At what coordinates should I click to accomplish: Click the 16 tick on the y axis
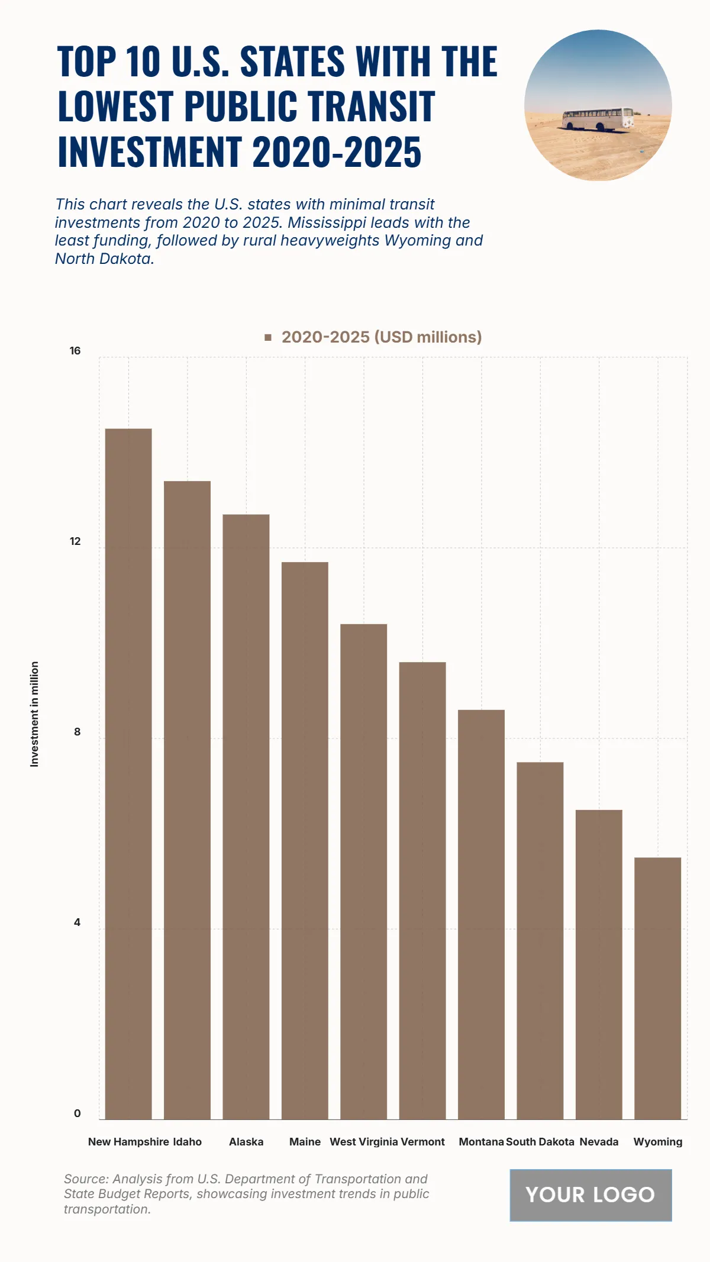point(75,351)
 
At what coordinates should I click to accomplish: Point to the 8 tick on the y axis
point(77,732)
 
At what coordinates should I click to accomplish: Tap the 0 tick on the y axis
point(77,1113)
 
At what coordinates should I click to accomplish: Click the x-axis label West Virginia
point(363,1142)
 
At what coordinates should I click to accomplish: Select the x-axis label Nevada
point(599,1142)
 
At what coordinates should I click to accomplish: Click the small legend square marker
point(268,337)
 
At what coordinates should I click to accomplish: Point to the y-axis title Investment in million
point(34,714)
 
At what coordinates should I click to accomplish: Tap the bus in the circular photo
point(598,119)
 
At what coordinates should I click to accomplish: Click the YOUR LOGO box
point(590,1195)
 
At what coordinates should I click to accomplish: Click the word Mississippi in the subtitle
point(327,222)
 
